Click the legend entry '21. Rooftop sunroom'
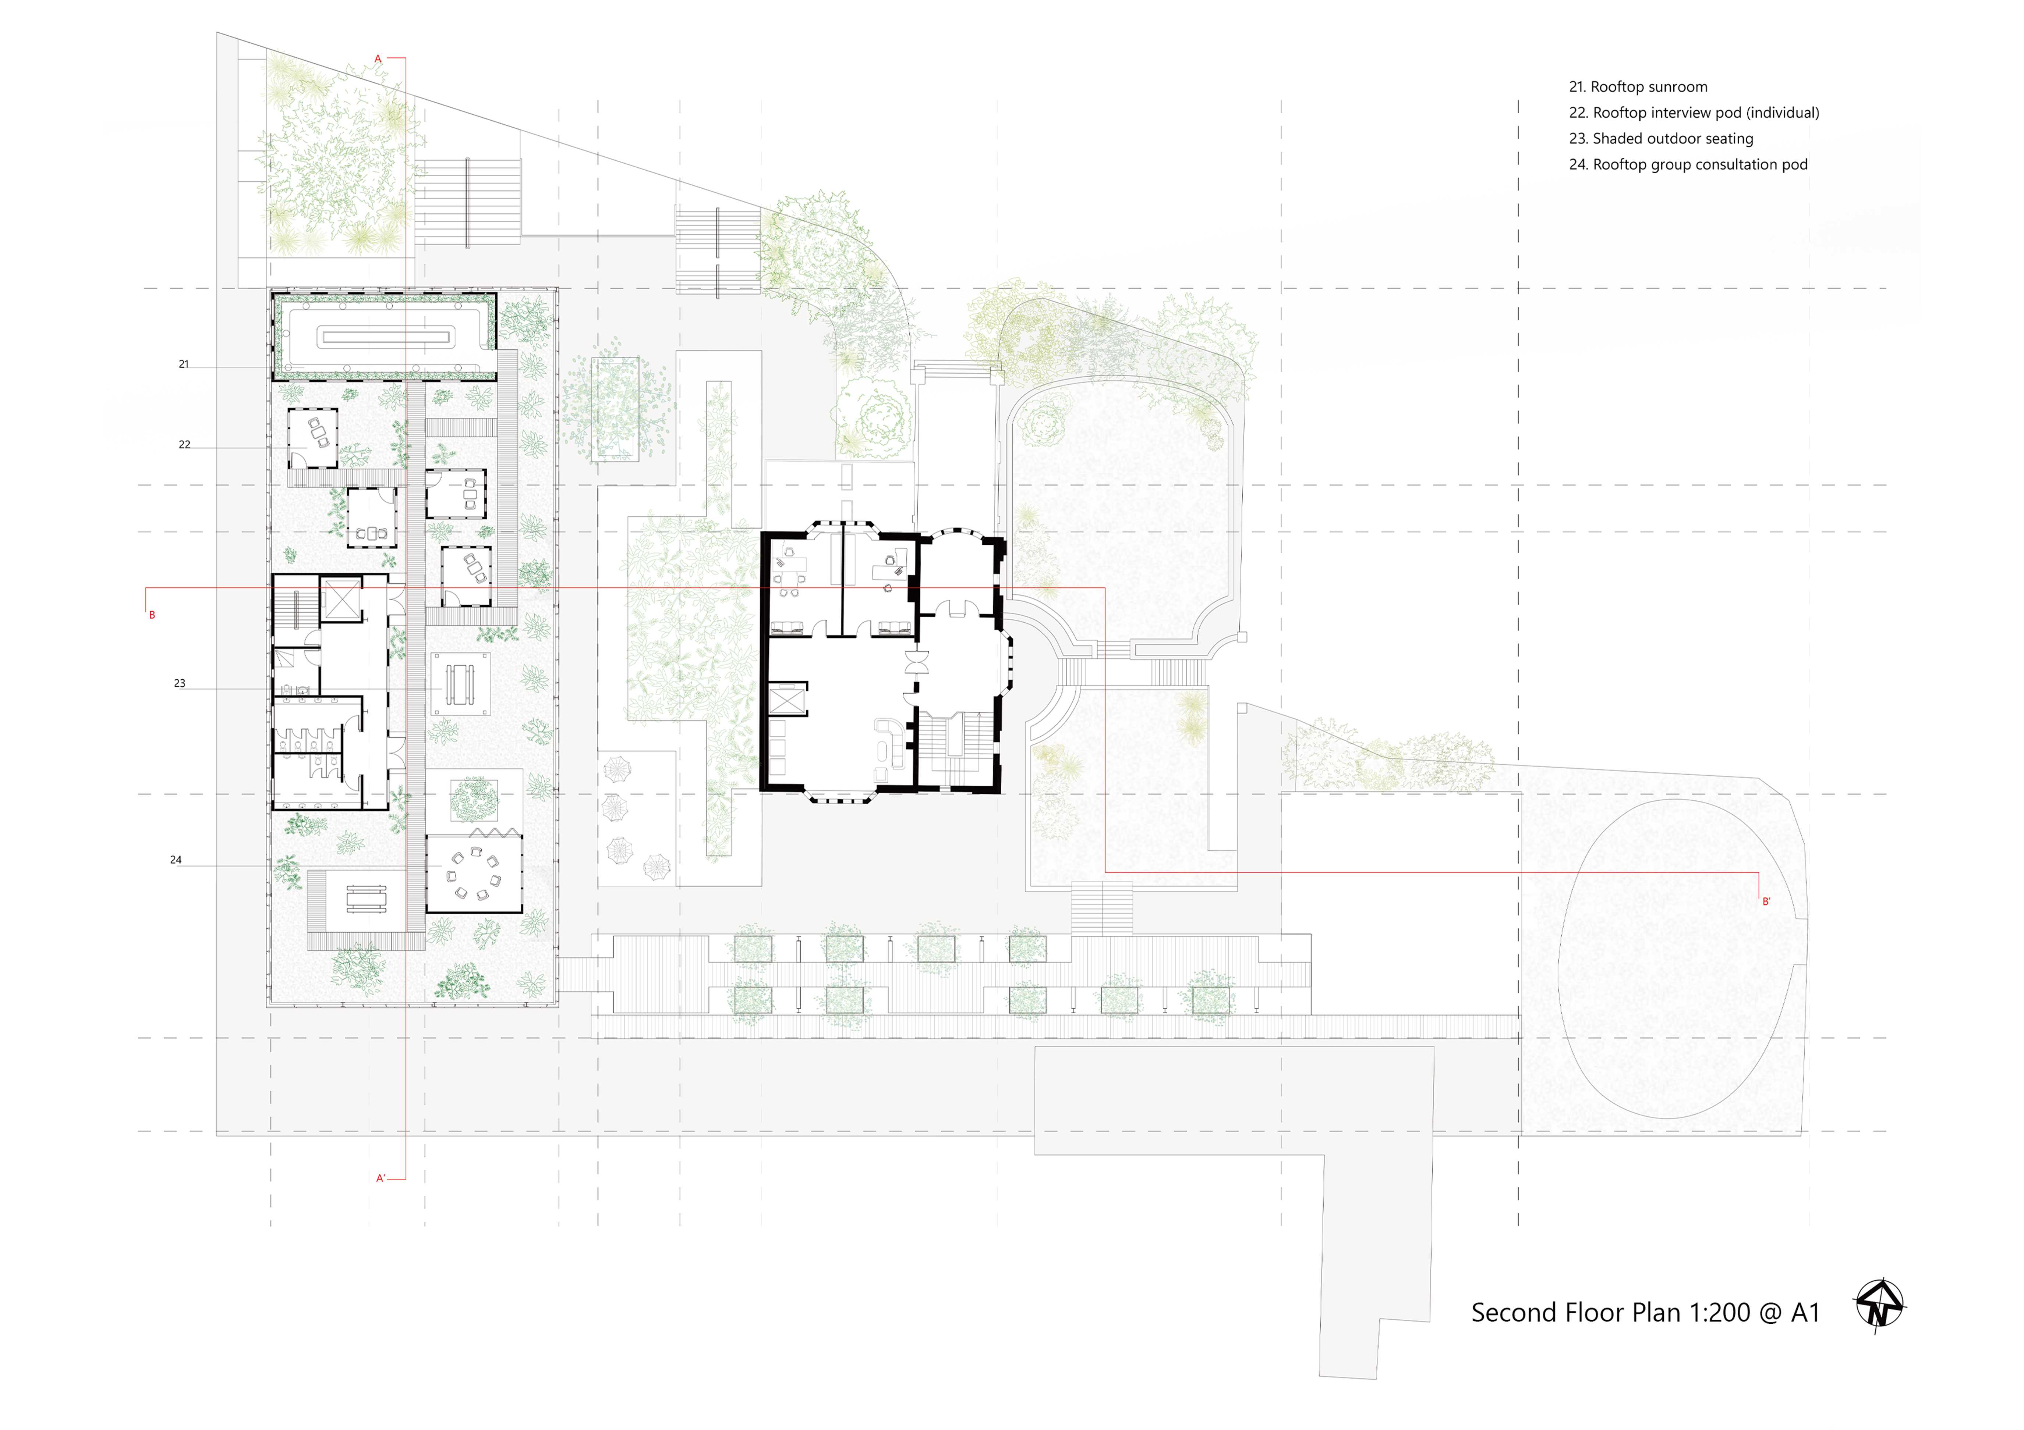[1638, 86]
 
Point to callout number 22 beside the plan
[184, 445]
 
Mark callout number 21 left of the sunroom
[183, 364]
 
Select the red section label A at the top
[378, 59]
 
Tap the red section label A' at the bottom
[381, 1178]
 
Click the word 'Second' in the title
[1514, 1313]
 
